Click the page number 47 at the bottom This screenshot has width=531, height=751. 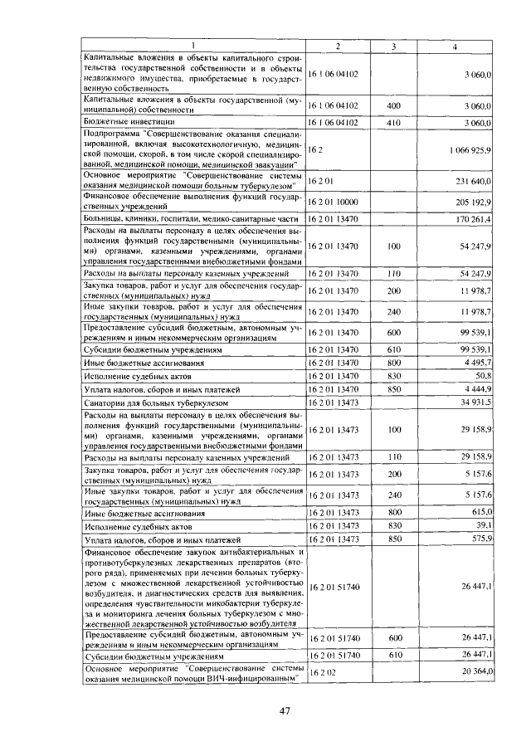[x=285, y=710]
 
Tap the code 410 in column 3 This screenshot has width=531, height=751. [x=394, y=122]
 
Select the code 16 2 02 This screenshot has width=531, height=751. [x=319, y=671]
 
